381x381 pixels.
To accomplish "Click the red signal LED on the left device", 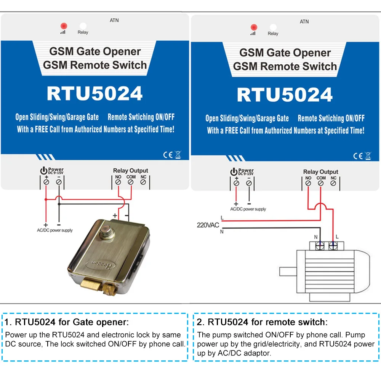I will (x=63, y=26).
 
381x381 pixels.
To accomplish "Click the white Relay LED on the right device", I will (x=273, y=27).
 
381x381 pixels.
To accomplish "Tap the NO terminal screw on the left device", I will (x=118, y=182).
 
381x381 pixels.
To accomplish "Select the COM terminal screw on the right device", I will (x=321, y=183).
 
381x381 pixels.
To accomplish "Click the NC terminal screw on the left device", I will (x=143, y=182).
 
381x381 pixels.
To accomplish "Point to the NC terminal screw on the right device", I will (x=333, y=183).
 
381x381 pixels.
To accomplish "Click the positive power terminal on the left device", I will (x=46, y=182).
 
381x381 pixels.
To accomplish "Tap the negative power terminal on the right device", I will (x=249, y=183).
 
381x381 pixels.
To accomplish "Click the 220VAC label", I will (x=208, y=225).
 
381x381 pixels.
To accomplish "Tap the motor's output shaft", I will (x=288, y=272).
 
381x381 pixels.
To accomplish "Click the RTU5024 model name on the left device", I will (x=94, y=93).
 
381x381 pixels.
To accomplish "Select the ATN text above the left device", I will (x=114, y=20).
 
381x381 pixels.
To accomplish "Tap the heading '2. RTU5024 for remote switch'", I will (x=262, y=322).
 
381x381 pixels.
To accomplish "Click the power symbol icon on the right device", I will (x=234, y=172).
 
